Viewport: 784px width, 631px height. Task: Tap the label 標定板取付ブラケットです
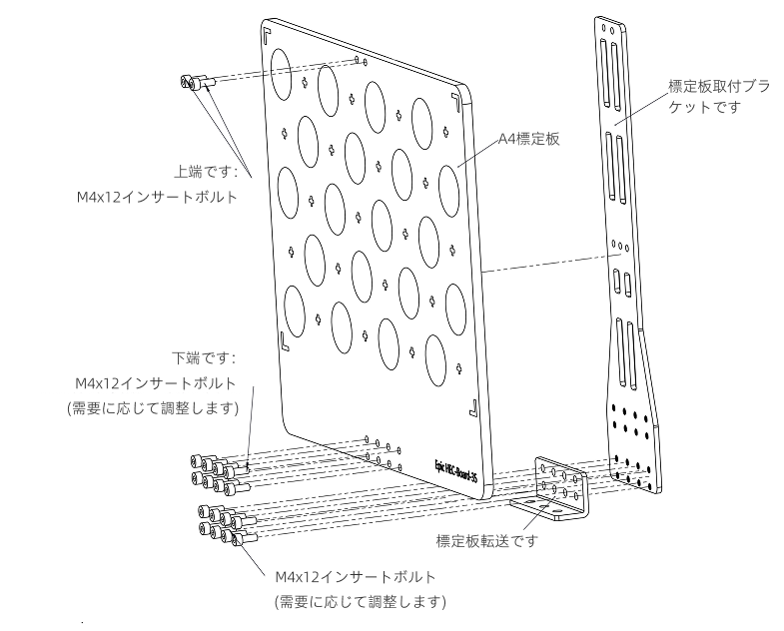point(719,96)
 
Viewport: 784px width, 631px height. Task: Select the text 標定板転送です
point(487,541)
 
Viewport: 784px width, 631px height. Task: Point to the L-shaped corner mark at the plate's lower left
point(285,341)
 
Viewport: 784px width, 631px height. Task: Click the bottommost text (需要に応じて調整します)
point(361,601)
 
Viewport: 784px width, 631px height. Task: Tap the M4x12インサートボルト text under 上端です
point(158,197)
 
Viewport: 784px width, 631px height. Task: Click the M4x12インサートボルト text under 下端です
point(157,382)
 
